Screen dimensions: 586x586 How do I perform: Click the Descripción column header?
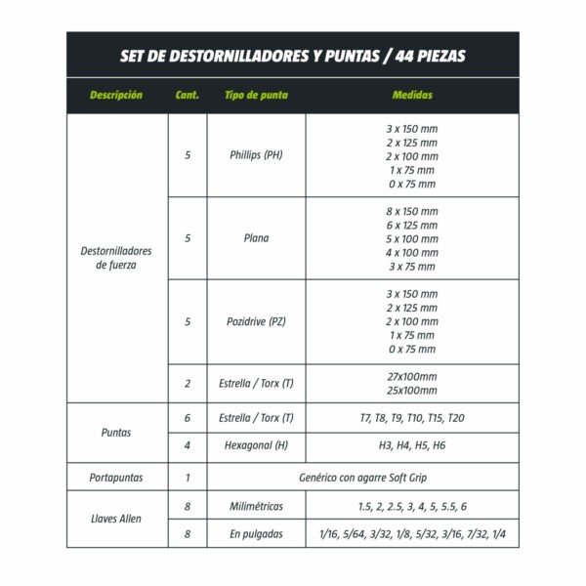click(x=116, y=96)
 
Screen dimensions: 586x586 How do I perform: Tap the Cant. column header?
click(x=187, y=96)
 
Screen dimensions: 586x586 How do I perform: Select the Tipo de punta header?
click(x=255, y=96)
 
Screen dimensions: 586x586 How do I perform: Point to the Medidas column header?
click(x=411, y=96)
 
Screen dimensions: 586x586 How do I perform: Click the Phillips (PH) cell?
click(x=256, y=155)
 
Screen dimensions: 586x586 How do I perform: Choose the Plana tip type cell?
click(x=256, y=238)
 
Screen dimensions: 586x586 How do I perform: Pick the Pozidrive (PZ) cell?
click(x=256, y=321)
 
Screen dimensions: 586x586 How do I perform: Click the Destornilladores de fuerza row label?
click(x=116, y=258)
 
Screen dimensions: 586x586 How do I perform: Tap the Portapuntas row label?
click(x=116, y=479)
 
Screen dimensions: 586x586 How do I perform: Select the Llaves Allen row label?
click(x=116, y=519)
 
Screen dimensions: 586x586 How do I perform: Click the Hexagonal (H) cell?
click(x=256, y=445)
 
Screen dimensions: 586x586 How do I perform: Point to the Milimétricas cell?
click(x=256, y=506)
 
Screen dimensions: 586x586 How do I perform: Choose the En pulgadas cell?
click(x=256, y=533)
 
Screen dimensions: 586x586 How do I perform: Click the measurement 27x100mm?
click(x=411, y=376)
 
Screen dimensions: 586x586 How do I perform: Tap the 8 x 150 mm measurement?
click(x=411, y=211)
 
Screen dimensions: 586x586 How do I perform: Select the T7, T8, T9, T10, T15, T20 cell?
click(x=411, y=418)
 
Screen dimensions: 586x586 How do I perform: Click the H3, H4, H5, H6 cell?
click(x=411, y=445)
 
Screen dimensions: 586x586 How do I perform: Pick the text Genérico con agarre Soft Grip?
click(x=362, y=479)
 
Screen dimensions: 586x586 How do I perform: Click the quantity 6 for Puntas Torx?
click(x=188, y=418)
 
